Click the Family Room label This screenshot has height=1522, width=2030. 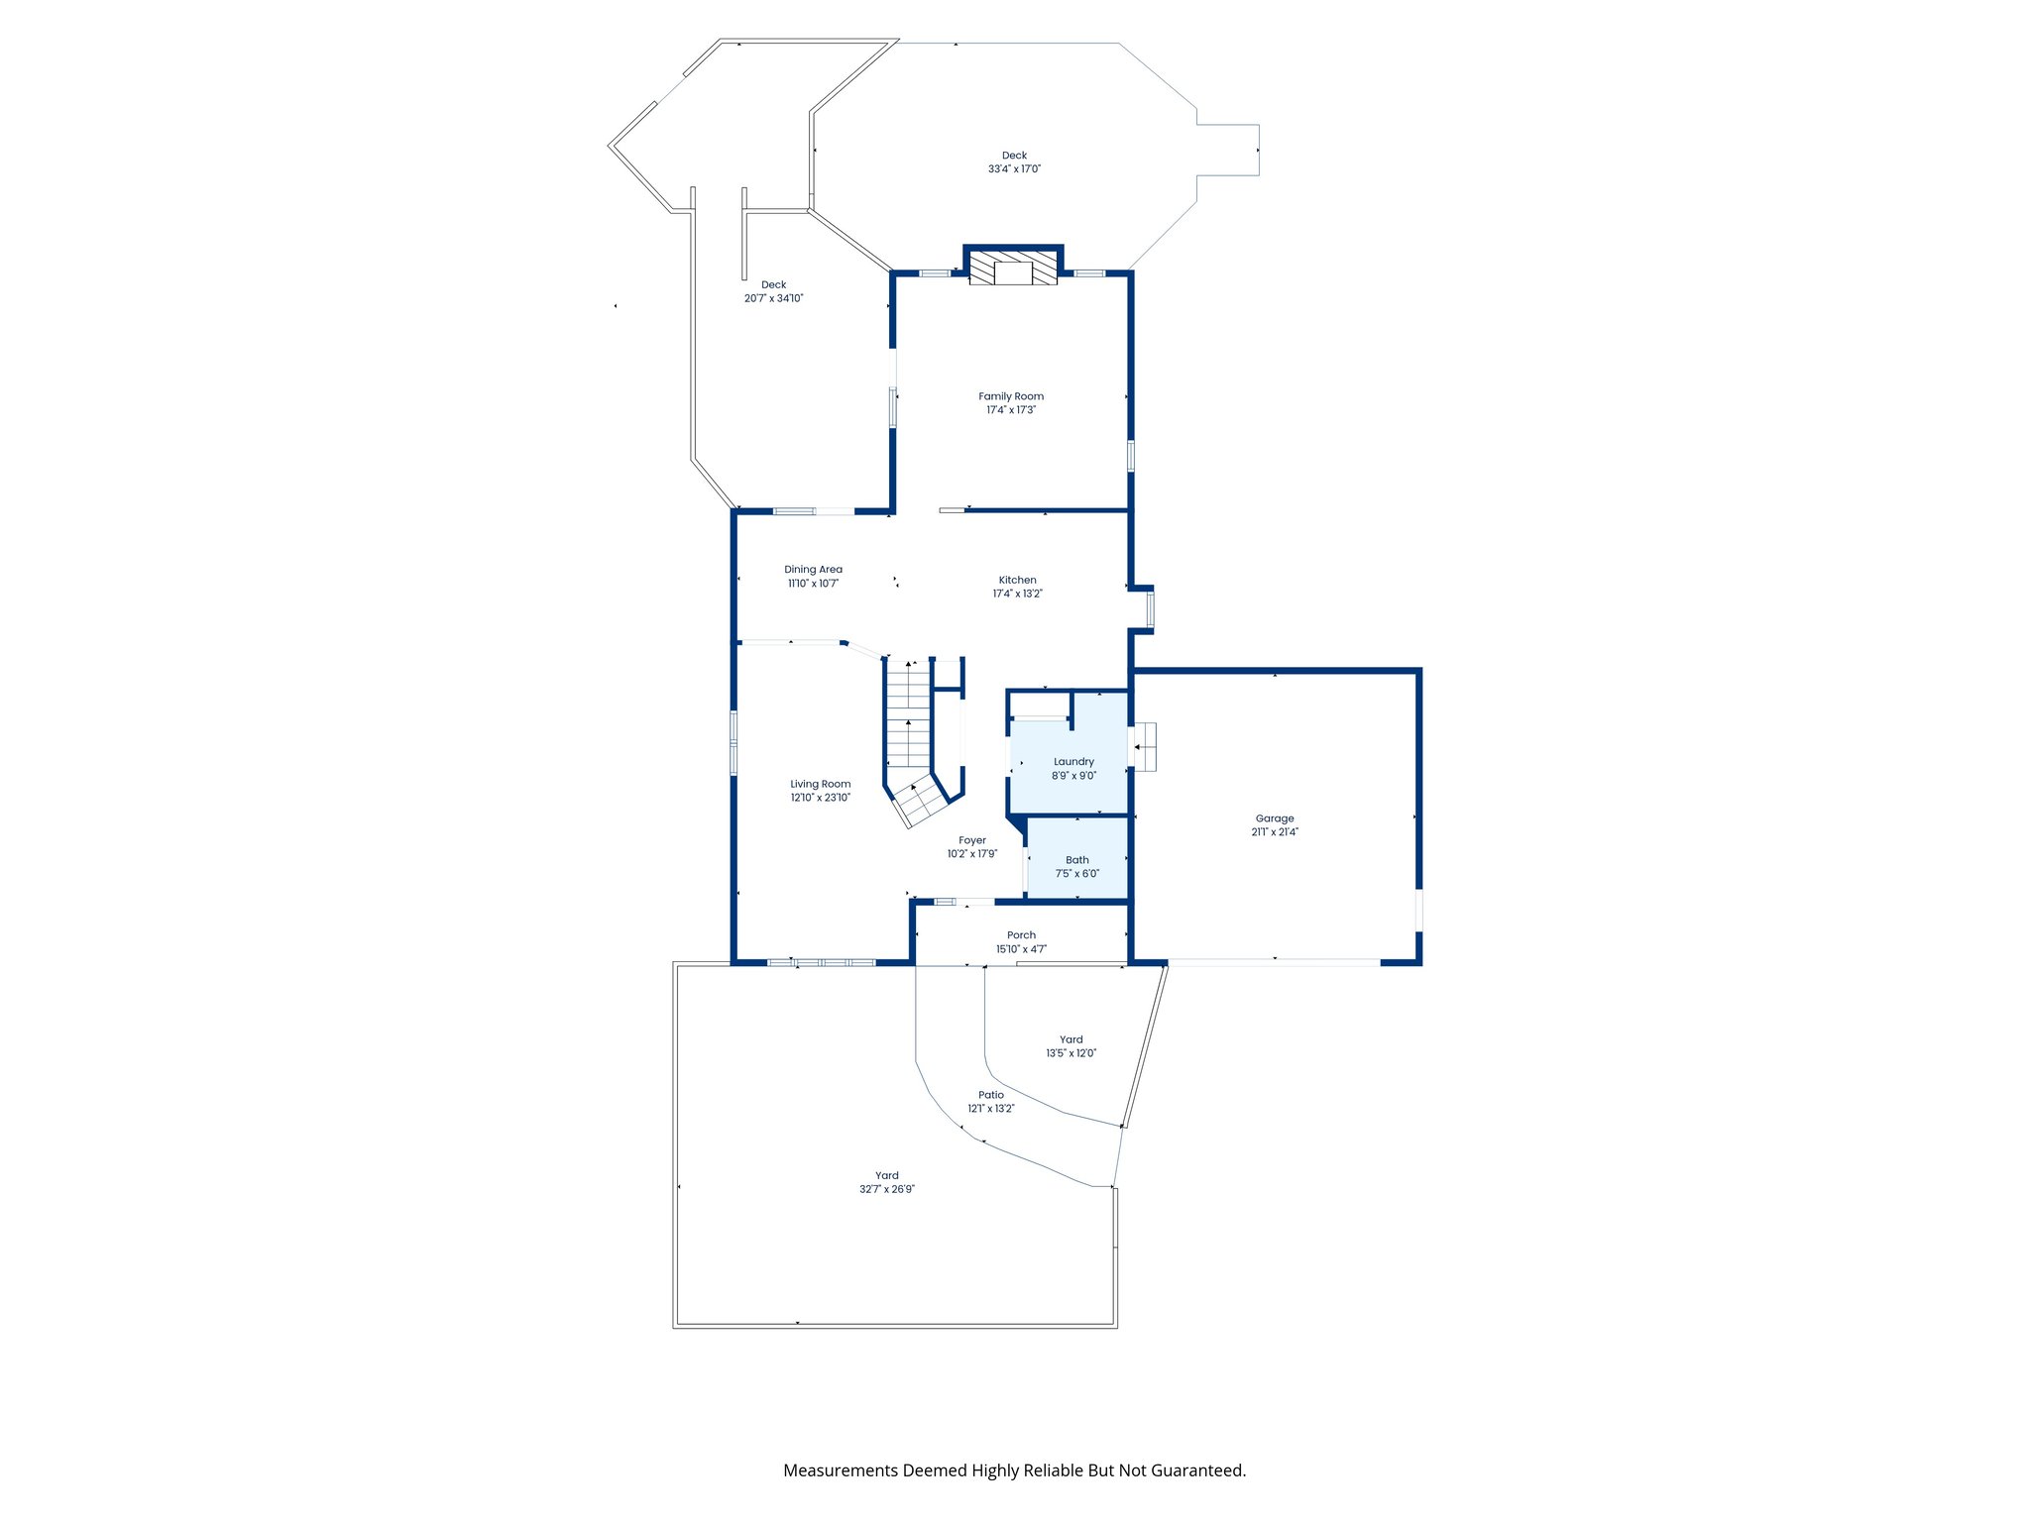coord(1010,396)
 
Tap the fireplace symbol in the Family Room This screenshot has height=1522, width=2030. coord(1013,269)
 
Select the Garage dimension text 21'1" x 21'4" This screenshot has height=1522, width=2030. coord(1274,832)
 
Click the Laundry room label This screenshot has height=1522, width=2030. coord(1073,762)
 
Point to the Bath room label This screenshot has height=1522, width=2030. coord(1076,860)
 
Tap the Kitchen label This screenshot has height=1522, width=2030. coord(1017,581)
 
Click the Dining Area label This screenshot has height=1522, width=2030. coord(813,570)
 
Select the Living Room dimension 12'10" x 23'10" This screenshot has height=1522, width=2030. coord(820,798)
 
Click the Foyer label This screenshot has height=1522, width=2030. coord(971,840)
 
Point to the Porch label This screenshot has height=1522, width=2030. coord(1021,935)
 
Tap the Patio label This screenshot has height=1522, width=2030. coord(990,1095)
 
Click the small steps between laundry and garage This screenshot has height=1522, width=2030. coord(1145,746)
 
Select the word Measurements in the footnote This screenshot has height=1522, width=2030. coord(840,1470)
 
